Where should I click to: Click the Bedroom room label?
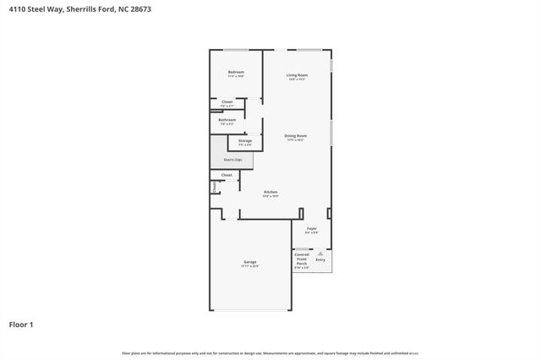click(x=236, y=72)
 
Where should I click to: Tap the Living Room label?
click(x=297, y=75)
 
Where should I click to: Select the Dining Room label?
click(x=295, y=135)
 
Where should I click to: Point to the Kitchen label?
click(x=270, y=192)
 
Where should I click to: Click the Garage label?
click(x=250, y=262)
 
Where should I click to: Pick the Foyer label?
click(x=311, y=228)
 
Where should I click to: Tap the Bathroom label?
click(x=227, y=119)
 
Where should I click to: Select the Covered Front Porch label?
click(x=302, y=259)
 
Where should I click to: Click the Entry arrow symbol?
click(x=320, y=252)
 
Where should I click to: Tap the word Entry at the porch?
click(x=320, y=259)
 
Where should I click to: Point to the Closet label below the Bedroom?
click(x=227, y=101)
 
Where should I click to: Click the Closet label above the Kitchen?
click(x=226, y=175)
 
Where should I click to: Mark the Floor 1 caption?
click(x=21, y=324)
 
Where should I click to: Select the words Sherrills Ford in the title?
click(x=91, y=9)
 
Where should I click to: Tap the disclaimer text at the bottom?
click(x=270, y=353)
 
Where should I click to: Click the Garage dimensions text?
click(x=250, y=266)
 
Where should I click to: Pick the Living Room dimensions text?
click(x=297, y=79)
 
